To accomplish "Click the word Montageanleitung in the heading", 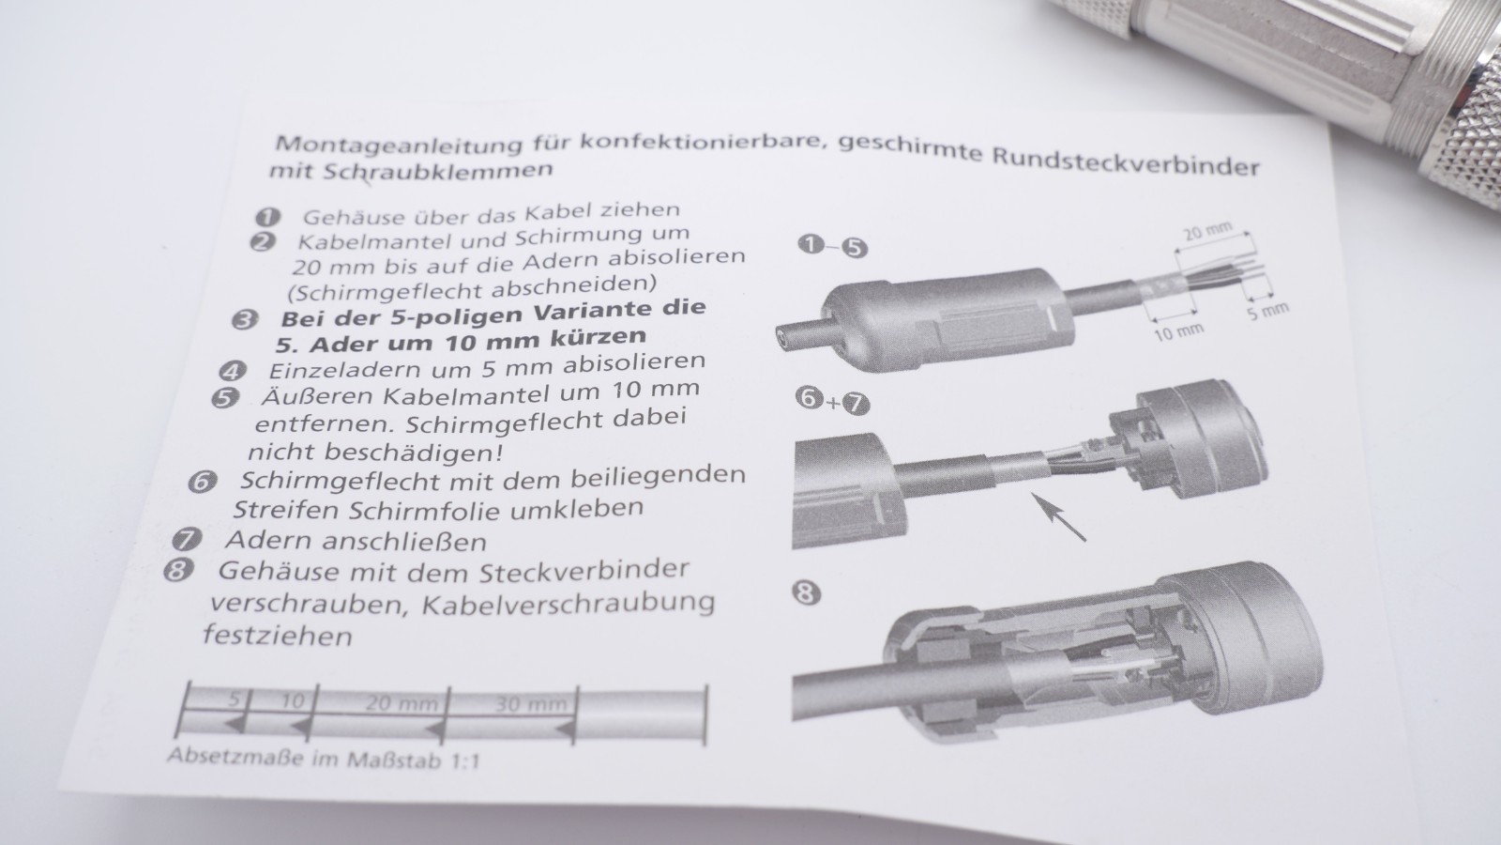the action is [x=398, y=144].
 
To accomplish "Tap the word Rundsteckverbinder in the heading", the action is [x=1126, y=163].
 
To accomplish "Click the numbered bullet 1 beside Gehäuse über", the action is [x=268, y=217].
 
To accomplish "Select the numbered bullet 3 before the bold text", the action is [x=245, y=320].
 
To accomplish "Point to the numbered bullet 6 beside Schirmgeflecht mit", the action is [x=203, y=483].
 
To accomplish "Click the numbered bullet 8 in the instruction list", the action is [x=178, y=571].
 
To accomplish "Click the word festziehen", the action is [x=278, y=635].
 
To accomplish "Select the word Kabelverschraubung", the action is [x=569, y=604].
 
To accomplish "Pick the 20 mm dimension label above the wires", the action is [x=1207, y=232].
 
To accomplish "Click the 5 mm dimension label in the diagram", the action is [x=1267, y=311].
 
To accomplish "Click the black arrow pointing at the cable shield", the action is [x=1059, y=516].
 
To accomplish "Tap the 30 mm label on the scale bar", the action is [x=531, y=704].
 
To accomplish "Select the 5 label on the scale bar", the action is [x=234, y=699].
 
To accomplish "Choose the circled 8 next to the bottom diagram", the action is [x=806, y=593].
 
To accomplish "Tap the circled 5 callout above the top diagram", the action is [x=854, y=248].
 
